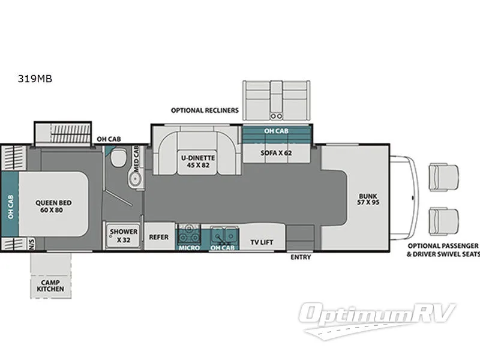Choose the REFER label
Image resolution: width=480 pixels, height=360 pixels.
(x=158, y=236)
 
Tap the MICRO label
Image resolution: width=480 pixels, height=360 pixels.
(x=189, y=247)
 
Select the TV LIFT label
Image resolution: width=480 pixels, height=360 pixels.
(x=262, y=242)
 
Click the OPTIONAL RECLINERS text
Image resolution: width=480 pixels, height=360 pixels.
(x=205, y=110)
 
